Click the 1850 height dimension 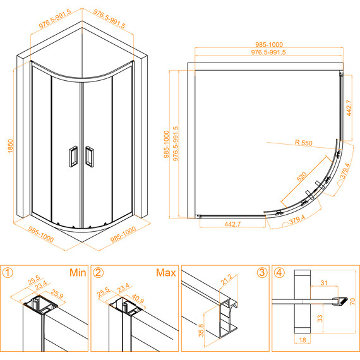(11, 146)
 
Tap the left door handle (73, 157)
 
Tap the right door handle (89, 157)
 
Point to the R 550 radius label (304, 143)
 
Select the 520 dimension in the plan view (302, 177)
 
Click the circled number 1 (8, 273)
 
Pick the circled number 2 (99, 273)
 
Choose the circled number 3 (261, 273)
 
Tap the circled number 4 (279, 273)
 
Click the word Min (78, 273)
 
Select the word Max (166, 273)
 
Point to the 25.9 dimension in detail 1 (57, 294)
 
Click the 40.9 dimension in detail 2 (138, 299)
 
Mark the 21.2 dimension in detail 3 (226, 280)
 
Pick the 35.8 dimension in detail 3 (201, 330)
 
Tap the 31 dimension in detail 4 (324, 282)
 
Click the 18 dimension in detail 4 (303, 340)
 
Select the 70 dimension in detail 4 (352, 301)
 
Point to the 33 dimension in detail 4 (320, 318)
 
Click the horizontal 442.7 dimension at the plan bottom (232, 224)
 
